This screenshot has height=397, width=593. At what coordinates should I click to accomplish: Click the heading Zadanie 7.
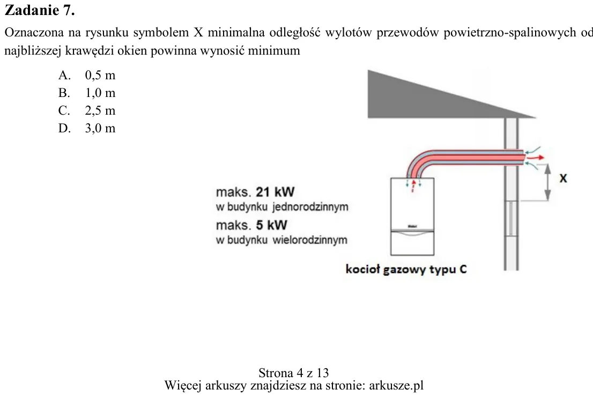[x=40, y=10]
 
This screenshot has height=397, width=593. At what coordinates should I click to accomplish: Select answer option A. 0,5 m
[x=87, y=75]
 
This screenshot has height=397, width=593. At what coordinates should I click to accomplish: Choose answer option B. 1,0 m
[x=87, y=93]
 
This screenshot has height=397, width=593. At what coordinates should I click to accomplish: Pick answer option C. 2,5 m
[x=87, y=111]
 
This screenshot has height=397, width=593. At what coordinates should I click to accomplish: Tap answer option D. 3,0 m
[x=87, y=129]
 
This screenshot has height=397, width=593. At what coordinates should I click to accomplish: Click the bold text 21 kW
[x=275, y=192]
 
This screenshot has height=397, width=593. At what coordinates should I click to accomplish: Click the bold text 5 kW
[x=271, y=225]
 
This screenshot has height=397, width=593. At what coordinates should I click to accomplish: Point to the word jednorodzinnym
[x=310, y=207]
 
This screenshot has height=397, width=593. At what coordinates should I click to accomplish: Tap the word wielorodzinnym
[x=310, y=240]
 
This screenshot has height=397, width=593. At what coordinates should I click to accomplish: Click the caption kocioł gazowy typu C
[x=406, y=269]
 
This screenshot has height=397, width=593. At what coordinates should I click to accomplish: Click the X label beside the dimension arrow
[x=563, y=178]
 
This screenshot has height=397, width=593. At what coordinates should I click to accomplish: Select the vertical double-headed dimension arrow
[x=547, y=183]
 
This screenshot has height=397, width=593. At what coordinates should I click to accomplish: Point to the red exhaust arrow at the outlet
[x=536, y=157]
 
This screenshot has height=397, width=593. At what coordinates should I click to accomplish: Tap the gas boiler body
[x=412, y=216]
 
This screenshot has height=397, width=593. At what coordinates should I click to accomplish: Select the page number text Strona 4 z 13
[x=294, y=373]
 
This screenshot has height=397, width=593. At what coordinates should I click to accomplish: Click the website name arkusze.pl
[x=396, y=386]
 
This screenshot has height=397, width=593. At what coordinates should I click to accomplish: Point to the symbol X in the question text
[x=198, y=33]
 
